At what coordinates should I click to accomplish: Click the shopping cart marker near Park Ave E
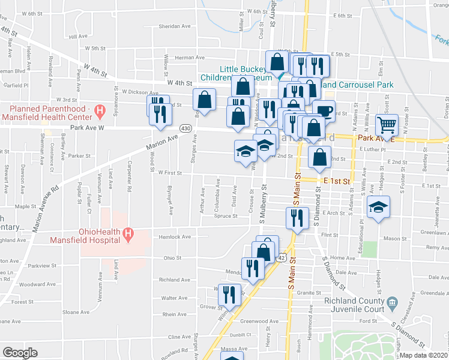pyautogui.click(x=387, y=125)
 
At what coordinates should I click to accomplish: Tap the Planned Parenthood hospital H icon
pyautogui.click(x=100, y=110)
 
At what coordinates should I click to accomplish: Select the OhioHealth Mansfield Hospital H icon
pyautogui.click(x=127, y=234)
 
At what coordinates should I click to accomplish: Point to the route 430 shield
pyautogui.click(x=185, y=128)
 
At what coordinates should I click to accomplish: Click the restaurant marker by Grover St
pyautogui.click(x=229, y=294)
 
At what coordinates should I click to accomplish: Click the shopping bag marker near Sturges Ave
pyautogui.click(x=204, y=100)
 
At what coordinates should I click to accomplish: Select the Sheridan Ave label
pyautogui.click(x=174, y=26)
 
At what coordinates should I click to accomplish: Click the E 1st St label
pyautogui.click(x=336, y=180)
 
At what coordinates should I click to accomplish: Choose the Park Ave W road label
pyautogui.click(x=87, y=128)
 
